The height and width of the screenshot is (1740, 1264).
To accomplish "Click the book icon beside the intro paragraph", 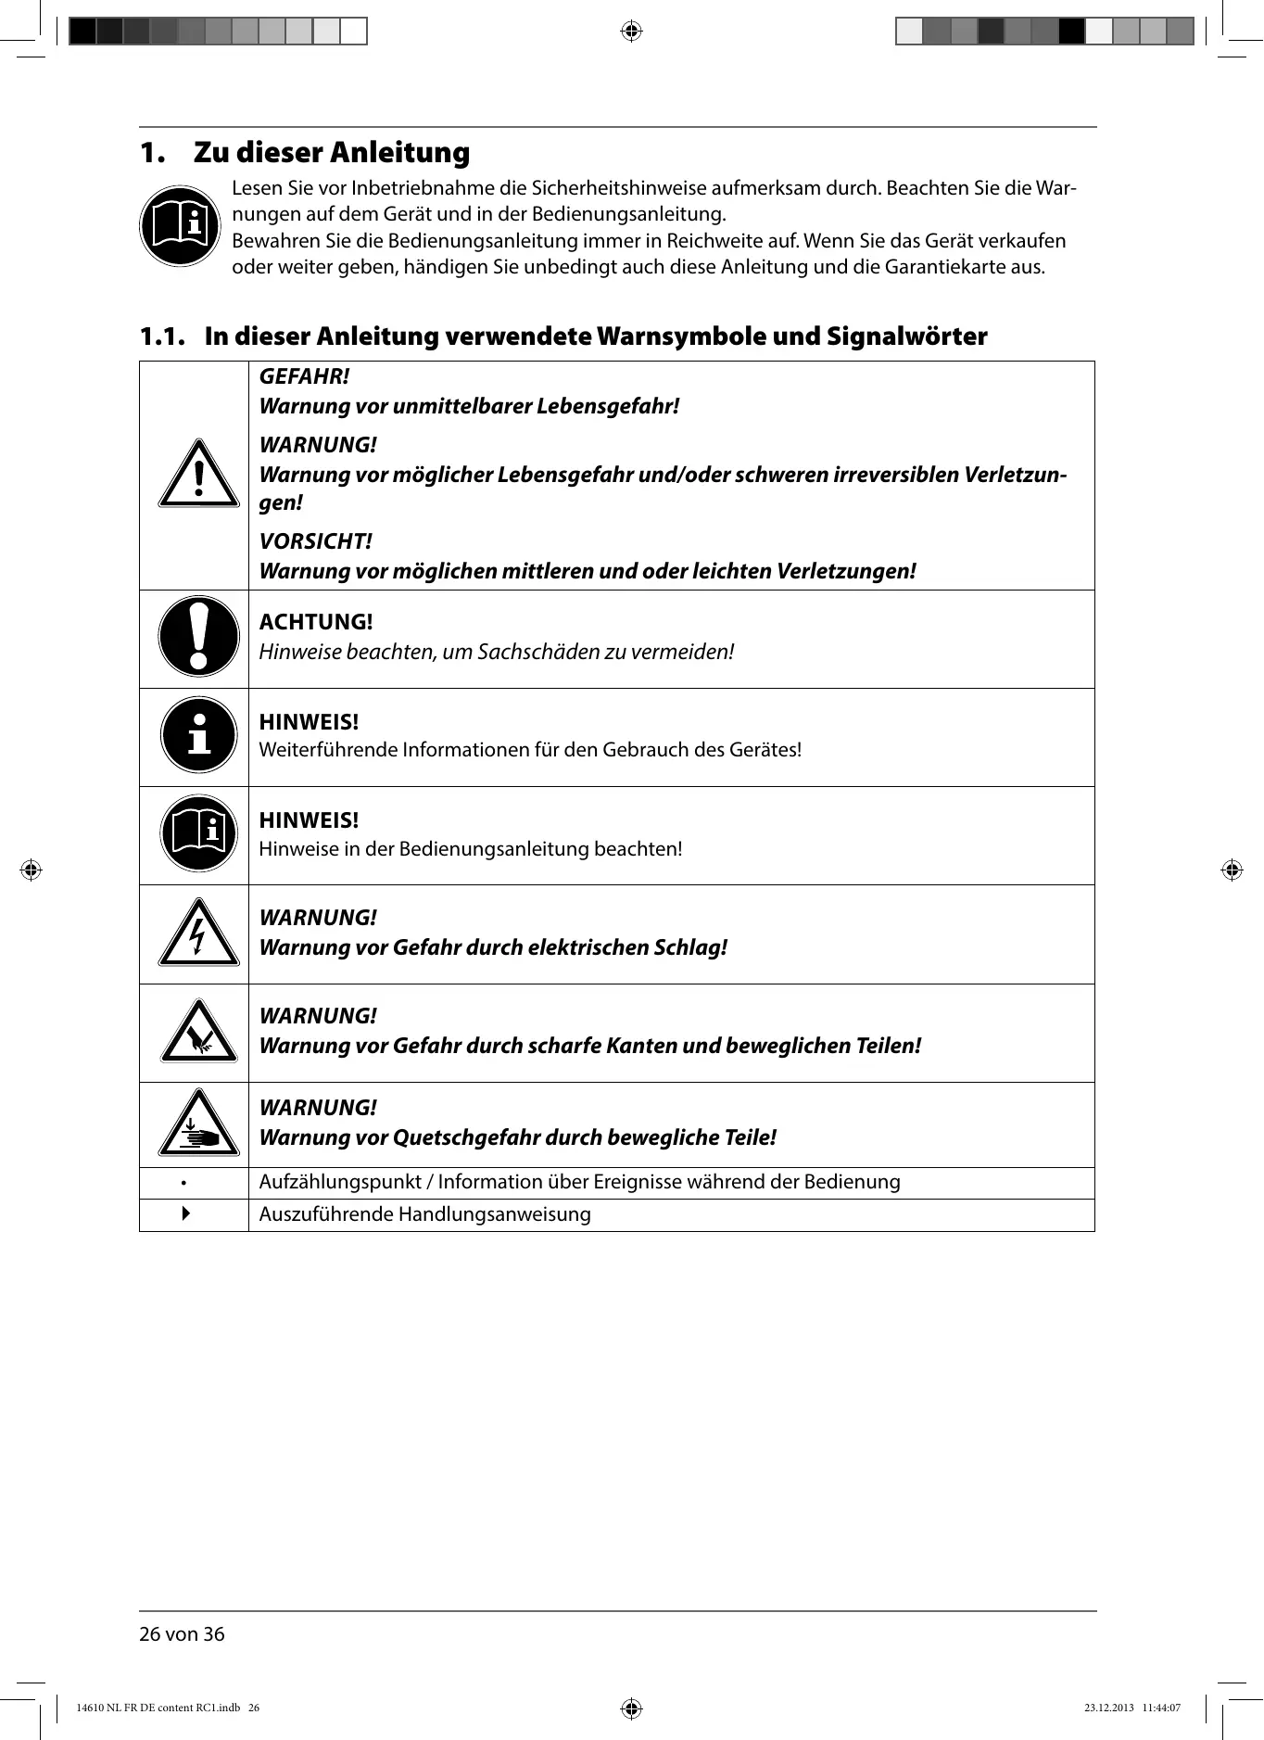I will point(180,226).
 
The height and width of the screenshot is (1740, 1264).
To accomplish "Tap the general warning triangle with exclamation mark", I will point(198,475).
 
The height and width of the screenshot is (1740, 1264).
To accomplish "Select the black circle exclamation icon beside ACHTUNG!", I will point(198,637).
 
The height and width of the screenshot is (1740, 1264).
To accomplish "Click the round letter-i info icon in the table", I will point(198,735).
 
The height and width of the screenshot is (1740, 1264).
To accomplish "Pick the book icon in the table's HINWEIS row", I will point(198,833).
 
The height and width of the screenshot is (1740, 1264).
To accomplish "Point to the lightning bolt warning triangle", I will point(198,934).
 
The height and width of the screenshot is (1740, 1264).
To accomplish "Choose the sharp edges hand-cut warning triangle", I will point(198,1033).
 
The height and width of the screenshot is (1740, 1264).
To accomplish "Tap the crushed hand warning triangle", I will point(198,1124).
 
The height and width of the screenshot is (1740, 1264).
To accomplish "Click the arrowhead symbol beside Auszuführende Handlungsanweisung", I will point(186,1213).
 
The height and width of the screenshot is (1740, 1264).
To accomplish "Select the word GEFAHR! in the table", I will point(304,376).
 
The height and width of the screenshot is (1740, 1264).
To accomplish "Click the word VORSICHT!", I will point(315,541).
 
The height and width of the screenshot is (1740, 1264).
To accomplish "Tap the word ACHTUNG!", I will point(315,622).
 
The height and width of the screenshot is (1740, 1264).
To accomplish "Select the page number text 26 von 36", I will point(182,1634).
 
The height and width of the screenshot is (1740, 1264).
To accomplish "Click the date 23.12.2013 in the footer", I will point(1108,1708).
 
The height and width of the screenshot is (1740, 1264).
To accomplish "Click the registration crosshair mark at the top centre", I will point(631,32).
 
